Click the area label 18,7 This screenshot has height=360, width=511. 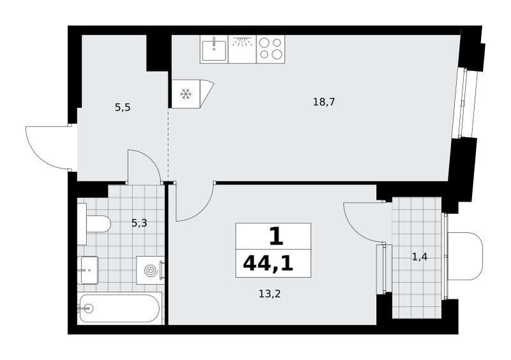[x=324, y=102]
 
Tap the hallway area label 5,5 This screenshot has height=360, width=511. [x=123, y=107]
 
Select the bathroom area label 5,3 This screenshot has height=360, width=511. [x=139, y=223]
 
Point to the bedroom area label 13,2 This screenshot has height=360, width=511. [x=270, y=294]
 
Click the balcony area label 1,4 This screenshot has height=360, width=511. [x=420, y=257]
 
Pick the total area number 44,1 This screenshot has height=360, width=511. [x=268, y=263]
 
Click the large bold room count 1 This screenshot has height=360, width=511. [x=276, y=237]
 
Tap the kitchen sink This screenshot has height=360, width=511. [x=214, y=50]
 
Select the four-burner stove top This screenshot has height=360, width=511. [x=271, y=49]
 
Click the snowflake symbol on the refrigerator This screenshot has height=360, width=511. [x=186, y=94]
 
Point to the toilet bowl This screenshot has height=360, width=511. [x=98, y=224]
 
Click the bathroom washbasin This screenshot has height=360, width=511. [x=88, y=270]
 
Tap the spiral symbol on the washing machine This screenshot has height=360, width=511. [x=151, y=271]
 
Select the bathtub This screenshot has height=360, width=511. [x=119, y=308]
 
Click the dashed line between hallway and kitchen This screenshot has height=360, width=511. [x=169, y=144]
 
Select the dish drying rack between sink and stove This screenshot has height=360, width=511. [x=242, y=49]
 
